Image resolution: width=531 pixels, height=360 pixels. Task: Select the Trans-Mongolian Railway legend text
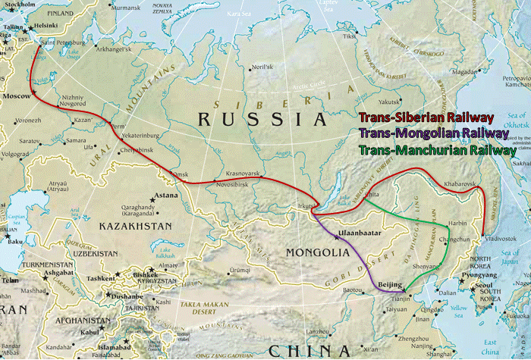coord(433,133)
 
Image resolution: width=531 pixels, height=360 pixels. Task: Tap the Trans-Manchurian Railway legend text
coord(437,149)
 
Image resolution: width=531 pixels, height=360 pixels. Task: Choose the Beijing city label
coord(388,285)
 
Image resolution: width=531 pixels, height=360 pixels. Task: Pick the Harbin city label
coord(457,224)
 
